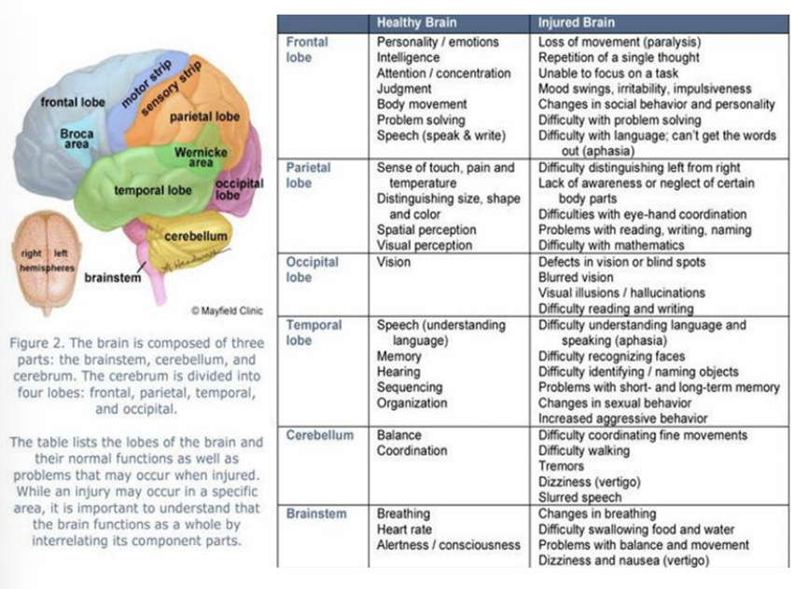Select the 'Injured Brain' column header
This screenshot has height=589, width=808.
point(577,22)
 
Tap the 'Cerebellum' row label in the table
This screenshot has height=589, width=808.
point(320,435)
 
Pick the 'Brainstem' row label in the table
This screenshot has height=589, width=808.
point(316,514)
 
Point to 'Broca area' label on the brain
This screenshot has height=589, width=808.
point(77,139)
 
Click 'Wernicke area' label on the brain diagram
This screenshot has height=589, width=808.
point(201,157)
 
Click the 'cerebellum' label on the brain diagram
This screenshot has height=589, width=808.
point(196,237)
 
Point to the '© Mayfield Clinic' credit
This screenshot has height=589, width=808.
point(228,310)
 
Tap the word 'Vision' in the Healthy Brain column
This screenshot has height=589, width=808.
point(394,262)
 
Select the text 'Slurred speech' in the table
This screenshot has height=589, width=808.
point(579,498)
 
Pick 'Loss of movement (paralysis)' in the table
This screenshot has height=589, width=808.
point(620,42)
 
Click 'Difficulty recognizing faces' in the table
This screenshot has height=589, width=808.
point(611,356)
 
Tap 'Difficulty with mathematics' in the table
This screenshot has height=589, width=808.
point(613,246)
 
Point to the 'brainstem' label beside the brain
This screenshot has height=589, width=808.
point(113,277)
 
